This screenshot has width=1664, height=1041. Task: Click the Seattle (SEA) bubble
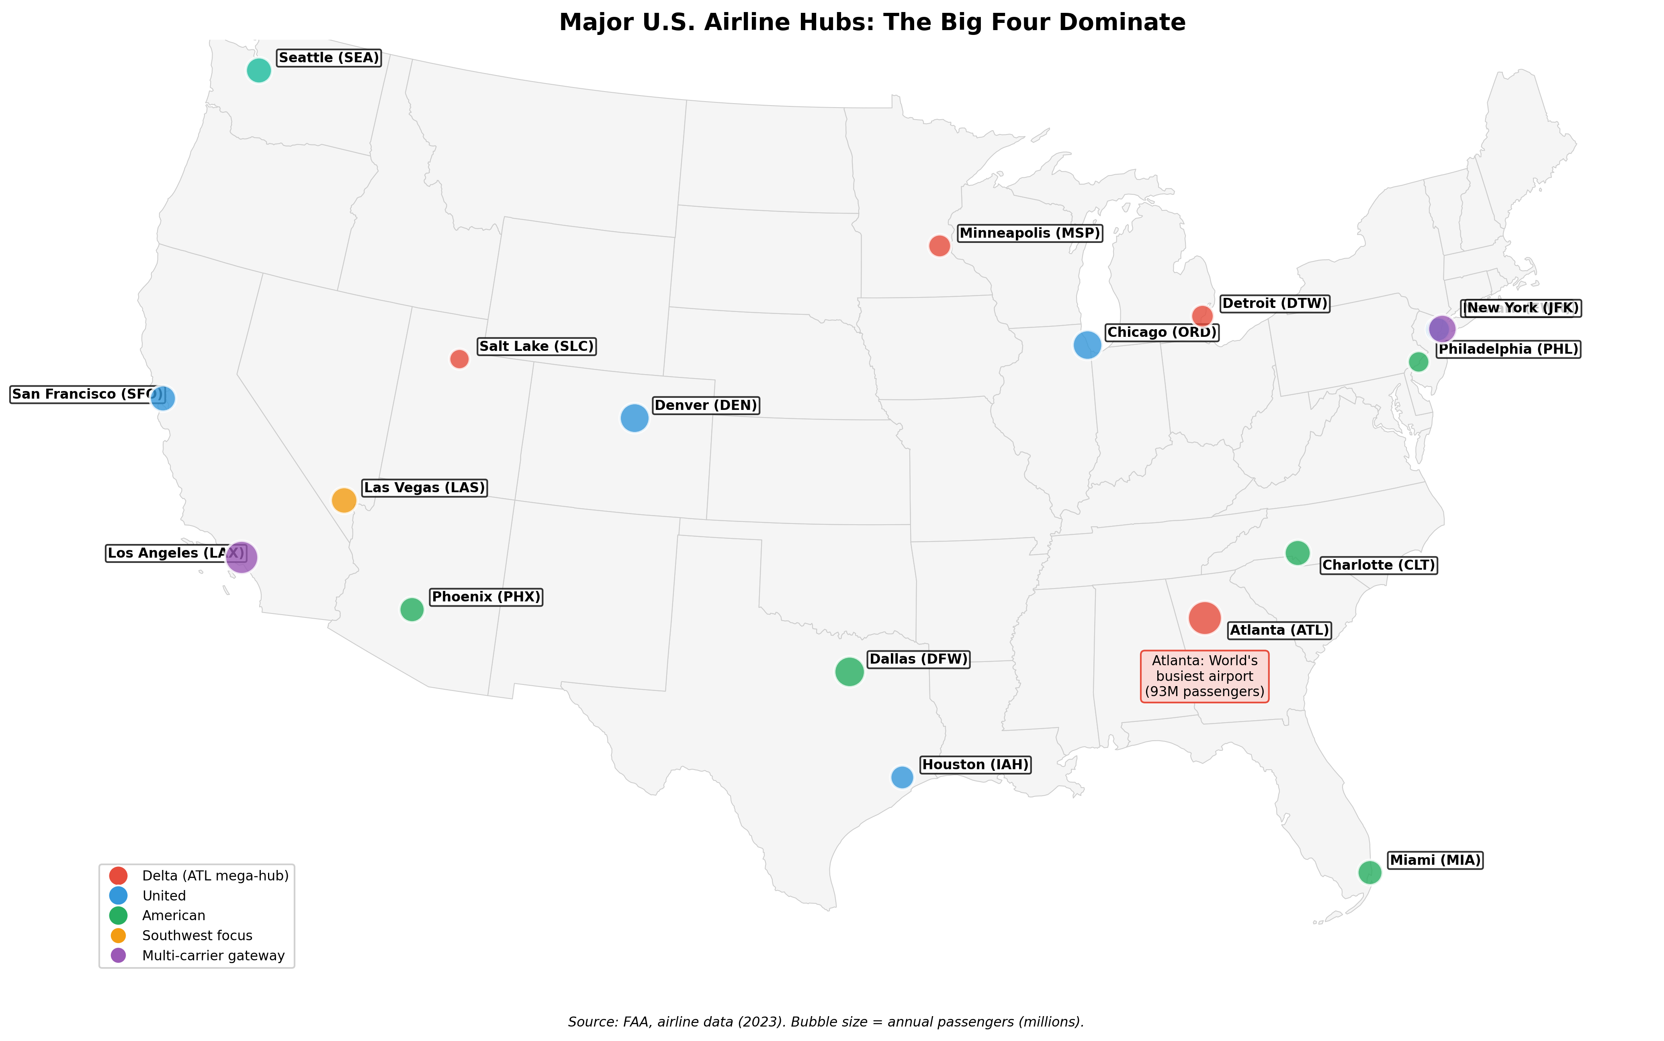tap(258, 70)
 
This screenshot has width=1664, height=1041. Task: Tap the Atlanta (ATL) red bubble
tap(1204, 617)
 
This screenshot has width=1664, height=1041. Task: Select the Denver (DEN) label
tap(706, 405)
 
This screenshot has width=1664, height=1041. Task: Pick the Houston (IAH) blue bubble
tap(902, 776)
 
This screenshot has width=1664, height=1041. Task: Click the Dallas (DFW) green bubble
tap(849, 671)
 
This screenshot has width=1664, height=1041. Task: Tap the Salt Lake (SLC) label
tap(536, 346)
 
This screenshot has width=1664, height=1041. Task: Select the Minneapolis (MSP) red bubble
tap(939, 245)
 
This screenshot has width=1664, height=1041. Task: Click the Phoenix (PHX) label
tap(486, 597)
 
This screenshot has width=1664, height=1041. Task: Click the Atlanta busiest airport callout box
tap(1204, 676)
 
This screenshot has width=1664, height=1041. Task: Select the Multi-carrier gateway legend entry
tap(213, 955)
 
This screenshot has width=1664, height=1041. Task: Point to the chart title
tap(872, 23)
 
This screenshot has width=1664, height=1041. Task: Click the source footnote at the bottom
tap(825, 1022)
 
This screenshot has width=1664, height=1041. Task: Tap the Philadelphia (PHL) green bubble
tap(1418, 361)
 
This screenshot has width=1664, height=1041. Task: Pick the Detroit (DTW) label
tap(1274, 304)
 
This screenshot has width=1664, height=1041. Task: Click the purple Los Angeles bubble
tap(241, 556)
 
